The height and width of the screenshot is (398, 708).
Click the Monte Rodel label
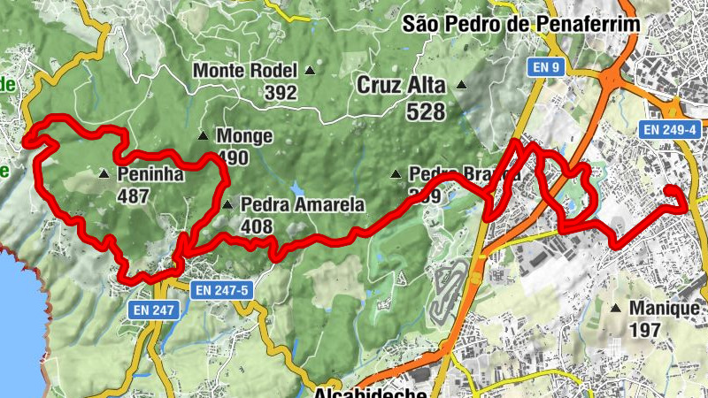(x=247, y=70)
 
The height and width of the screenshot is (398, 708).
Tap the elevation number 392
(x=280, y=91)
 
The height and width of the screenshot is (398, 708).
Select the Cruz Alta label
(x=404, y=86)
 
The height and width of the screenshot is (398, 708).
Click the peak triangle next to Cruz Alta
(x=461, y=86)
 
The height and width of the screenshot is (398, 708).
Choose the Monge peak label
(x=244, y=137)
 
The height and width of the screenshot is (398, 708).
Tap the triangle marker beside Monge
(x=204, y=136)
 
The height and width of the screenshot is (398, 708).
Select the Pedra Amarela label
(x=302, y=205)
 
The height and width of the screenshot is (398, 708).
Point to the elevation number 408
(x=258, y=227)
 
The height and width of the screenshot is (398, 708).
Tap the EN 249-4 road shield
(x=670, y=130)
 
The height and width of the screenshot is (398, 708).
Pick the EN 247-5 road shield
(x=222, y=289)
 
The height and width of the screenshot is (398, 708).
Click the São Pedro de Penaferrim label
(x=520, y=24)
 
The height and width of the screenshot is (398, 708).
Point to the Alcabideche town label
(x=371, y=392)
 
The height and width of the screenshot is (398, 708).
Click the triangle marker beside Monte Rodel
(x=310, y=70)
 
